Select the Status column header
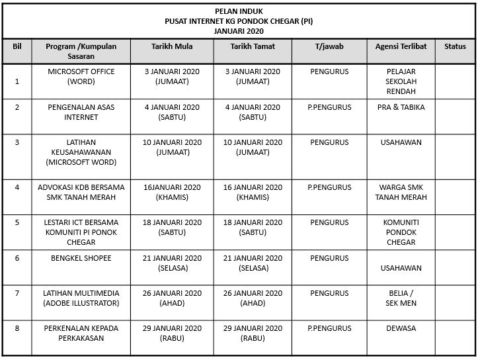click(455, 47)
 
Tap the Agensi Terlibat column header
click(401, 47)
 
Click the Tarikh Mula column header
click(172, 47)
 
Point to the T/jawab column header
click(329, 47)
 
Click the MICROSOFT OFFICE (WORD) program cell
click(81, 76)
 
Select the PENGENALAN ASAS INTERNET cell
click(81, 112)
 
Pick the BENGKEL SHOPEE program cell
click(81, 258)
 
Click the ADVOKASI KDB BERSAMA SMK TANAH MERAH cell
click(81, 192)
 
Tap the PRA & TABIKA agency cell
click(401, 107)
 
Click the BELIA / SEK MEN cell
click(401, 298)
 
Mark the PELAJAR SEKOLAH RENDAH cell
click(401, 81)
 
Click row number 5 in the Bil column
click(17, 223)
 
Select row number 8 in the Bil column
click(17, 328)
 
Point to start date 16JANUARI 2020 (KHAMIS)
click(172, 192)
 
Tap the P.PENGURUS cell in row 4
click(329, 188)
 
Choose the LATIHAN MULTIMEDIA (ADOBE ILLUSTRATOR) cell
click(81, 298)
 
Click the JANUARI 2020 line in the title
click(239, 30)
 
